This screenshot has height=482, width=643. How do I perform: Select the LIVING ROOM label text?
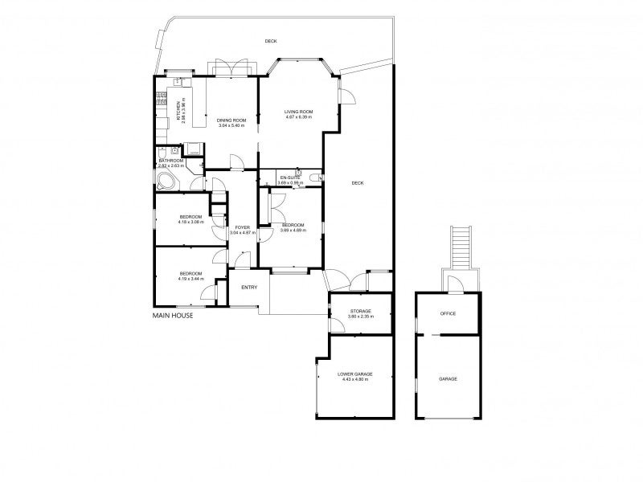click(298, 111)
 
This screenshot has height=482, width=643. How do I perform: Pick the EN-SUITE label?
click(289, 177)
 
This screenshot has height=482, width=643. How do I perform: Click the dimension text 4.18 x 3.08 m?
click(190, 223)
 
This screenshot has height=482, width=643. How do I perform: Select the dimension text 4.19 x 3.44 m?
click(190, 279)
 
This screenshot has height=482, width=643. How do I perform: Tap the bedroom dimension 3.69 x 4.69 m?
click(293, 231)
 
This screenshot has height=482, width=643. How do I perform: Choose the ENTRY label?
click(249, 287)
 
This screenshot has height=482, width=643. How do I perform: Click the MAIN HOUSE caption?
click(173, 316)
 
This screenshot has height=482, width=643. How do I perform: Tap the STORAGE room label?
click(359, 310)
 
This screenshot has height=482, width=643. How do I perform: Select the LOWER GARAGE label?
click(354, 374)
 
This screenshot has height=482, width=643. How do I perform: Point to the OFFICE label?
click(448, 313)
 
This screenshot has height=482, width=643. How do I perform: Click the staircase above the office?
click(461, 247)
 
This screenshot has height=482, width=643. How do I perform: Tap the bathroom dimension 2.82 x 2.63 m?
click(171, 165)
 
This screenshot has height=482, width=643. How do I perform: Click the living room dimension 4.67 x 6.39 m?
click(298, 117)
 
